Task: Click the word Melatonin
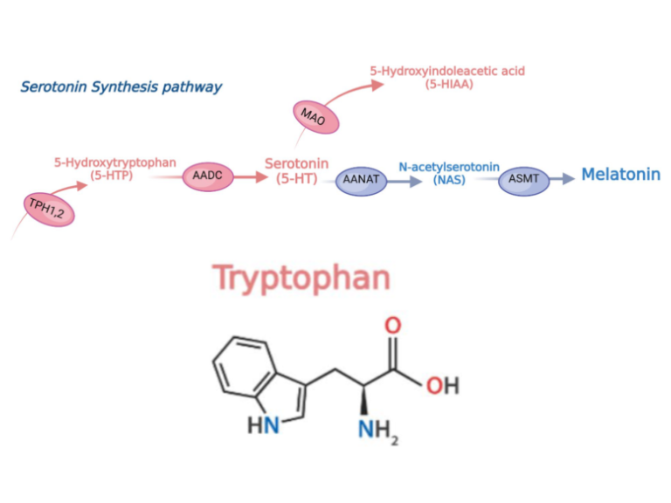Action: pyautogui.click(x=620, y=175)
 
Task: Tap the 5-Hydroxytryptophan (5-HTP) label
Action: pyautogui.click(x=115, y=169)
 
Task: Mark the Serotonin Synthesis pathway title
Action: pyautogui.click(x=121, y=86)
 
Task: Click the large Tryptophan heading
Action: pyautogui.click(x=301, y=277)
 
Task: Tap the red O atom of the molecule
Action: pyautogui.click(x=393, y=326)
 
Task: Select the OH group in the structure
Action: pyautogui.click(x=443, y=385)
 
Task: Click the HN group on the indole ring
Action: pyautogui.click(x=263, y=425)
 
